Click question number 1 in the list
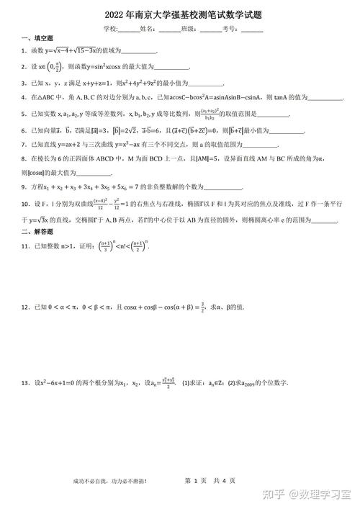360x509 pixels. pos(24,51)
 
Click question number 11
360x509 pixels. pos(25,247)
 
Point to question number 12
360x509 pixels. pos(25,307)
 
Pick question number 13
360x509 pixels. pos(25,383)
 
